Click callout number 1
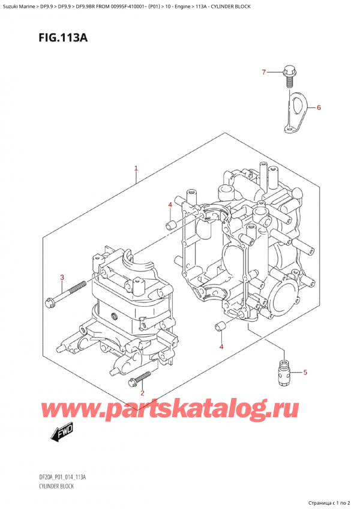click(136, 169)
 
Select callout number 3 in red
click(62, 277)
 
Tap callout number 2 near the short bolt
click(142, 393)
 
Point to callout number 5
click(305, 373)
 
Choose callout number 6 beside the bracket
click(319, 108)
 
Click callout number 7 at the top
click(263, 73)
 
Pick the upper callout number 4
click(170, 205)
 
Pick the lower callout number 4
click(221, 347)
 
